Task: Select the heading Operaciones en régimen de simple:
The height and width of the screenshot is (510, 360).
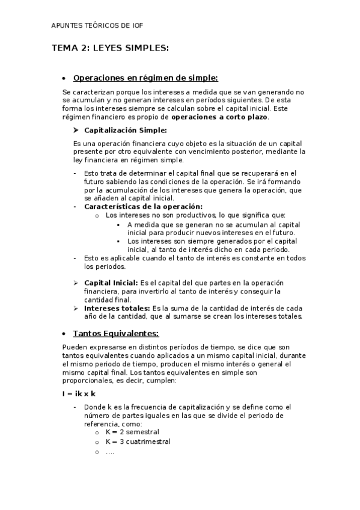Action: coord(145,78)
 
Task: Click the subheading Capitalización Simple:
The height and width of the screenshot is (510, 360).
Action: coord(125,130)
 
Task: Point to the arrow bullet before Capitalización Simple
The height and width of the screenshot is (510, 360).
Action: coord(76,130)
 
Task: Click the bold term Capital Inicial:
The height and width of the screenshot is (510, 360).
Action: coord(111,283)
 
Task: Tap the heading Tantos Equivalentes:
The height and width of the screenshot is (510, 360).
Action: coord(115,333)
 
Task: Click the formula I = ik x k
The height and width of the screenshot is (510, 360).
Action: coord(79,393)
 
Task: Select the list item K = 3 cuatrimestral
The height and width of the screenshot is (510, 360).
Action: coord(138,441)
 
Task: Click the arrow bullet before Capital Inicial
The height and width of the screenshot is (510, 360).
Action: coord(76,283)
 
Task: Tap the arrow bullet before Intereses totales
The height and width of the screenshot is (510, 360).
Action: coord(76,308)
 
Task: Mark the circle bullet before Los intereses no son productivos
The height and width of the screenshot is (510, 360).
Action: coord(97,215)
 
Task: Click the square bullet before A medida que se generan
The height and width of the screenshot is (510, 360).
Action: coord(120,224)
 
